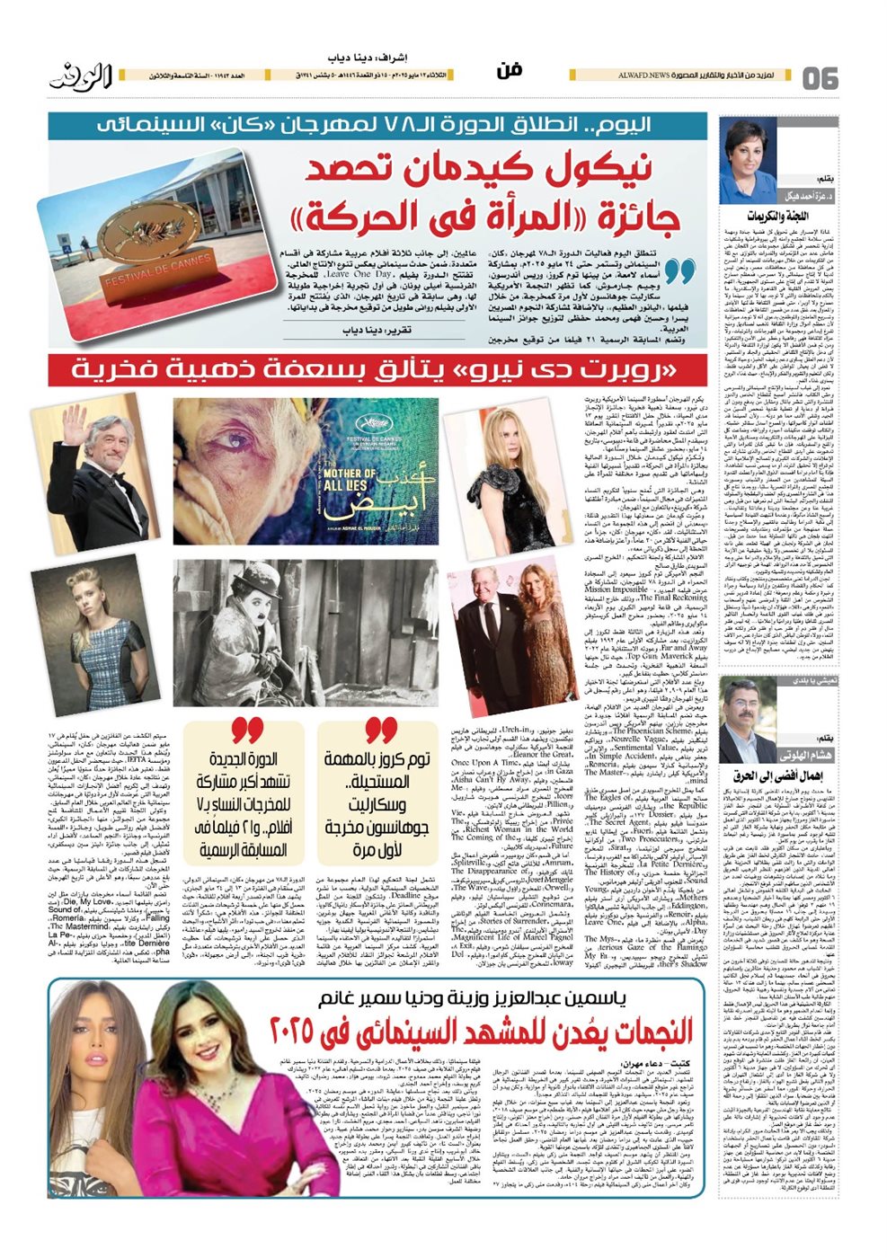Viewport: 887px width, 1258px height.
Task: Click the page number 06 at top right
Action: [x=819, y=77]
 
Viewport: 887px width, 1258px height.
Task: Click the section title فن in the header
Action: [x=509, y=72]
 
